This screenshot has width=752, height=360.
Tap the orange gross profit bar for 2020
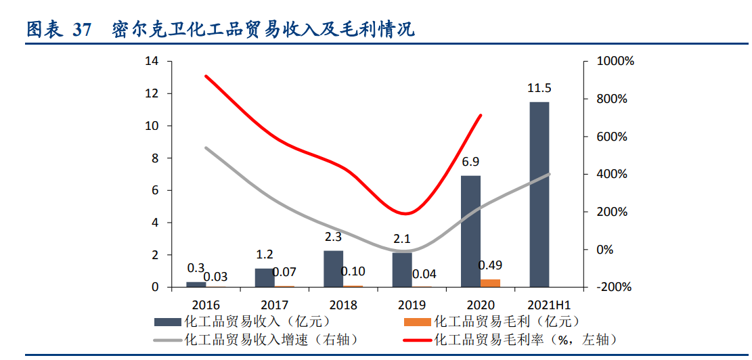pyautogui.click(x=491, y=283)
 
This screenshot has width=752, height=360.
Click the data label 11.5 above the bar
pyautogui.click(x=539, y=89)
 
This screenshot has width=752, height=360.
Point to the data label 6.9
pyautogui.click(x=470, y=162)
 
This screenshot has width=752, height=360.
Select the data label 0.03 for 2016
pyautogui.click(x=216, y=276)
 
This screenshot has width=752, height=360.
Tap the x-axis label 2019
pyautogui.click(x=412, y=305)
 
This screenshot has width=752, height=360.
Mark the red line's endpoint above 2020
pyautogui.click(x=481, y=116)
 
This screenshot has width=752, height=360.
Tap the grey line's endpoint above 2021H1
pyautogui.click(x=549, y=174)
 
